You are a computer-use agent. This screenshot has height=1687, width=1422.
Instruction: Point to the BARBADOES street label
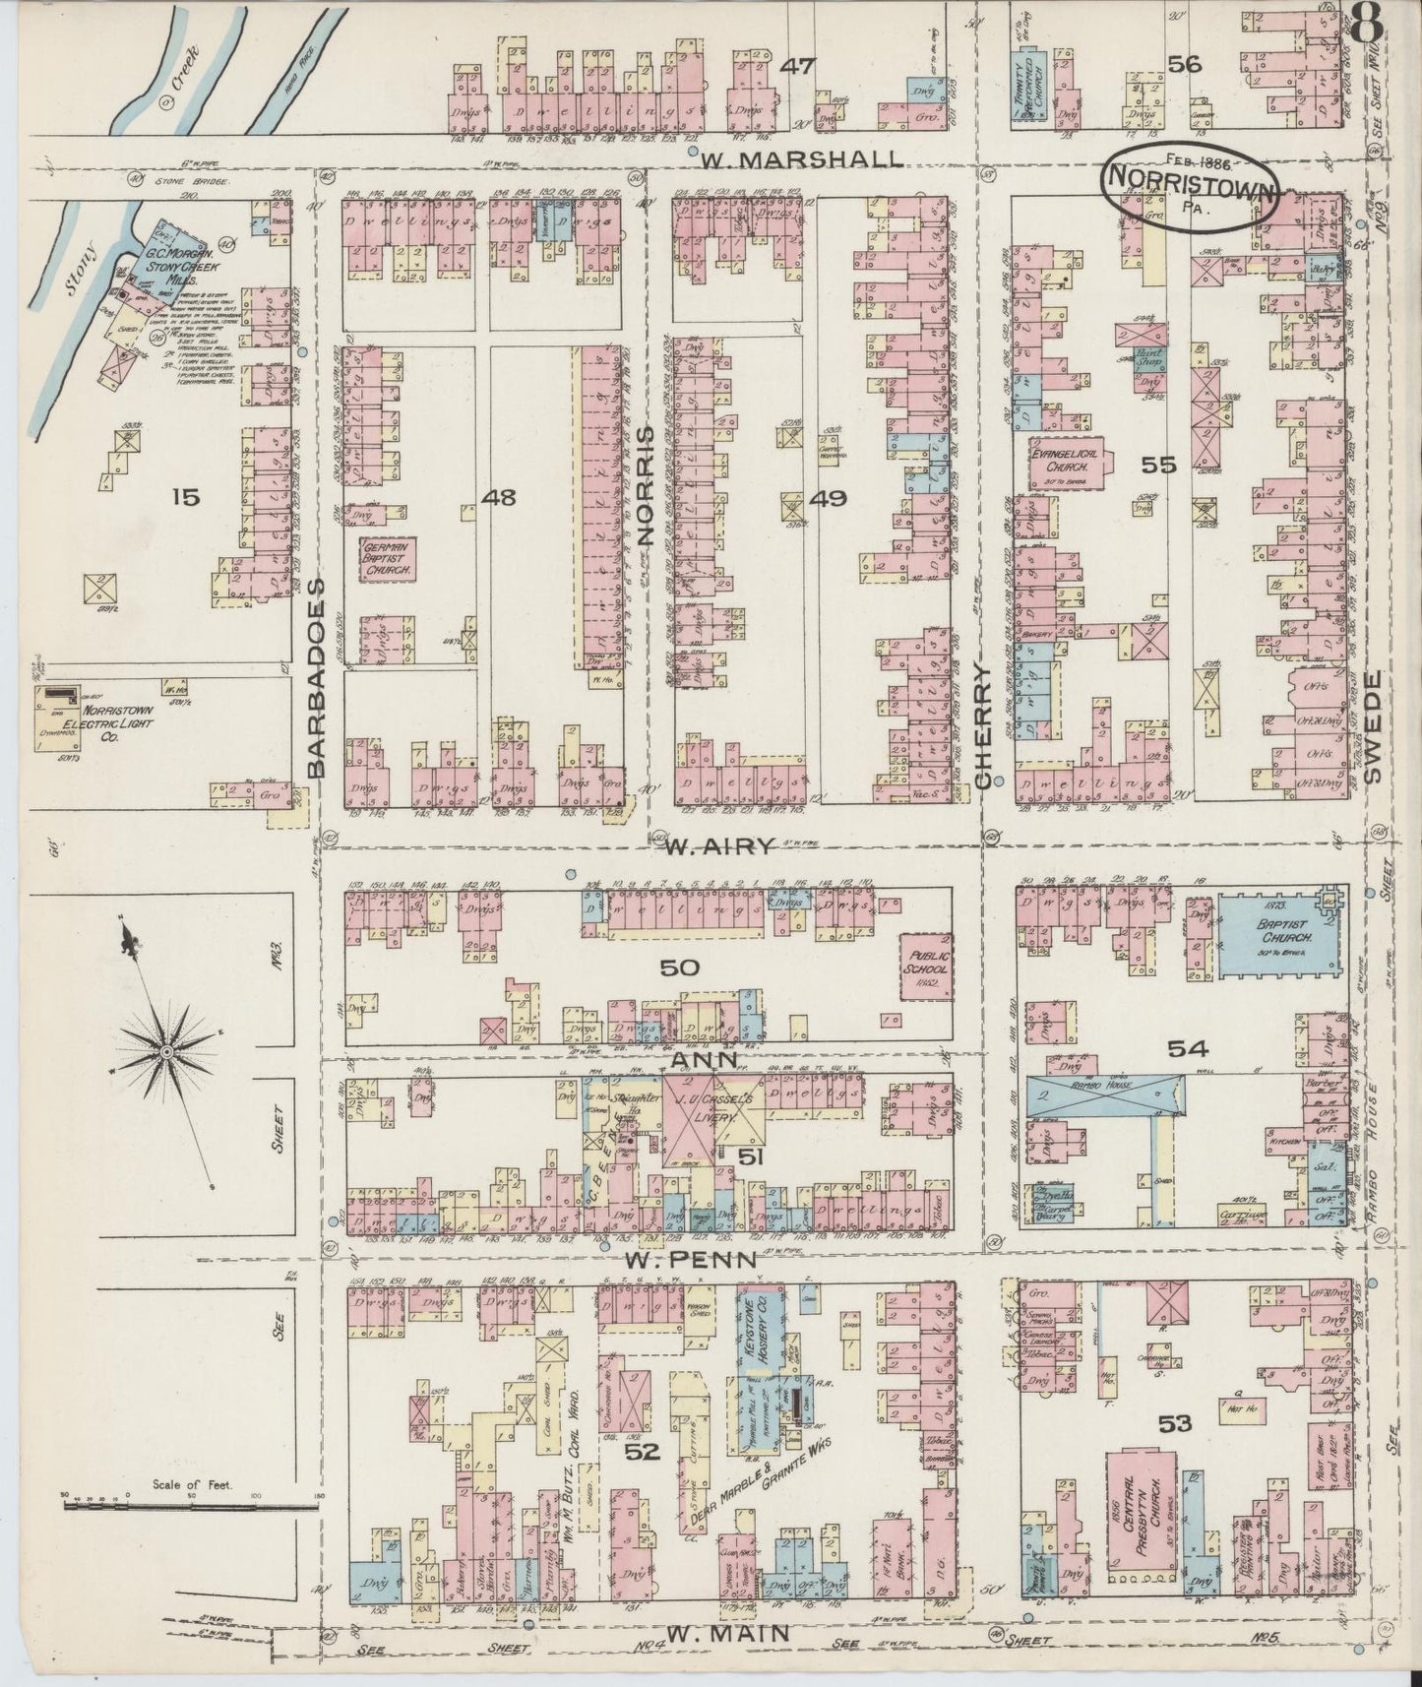(317, 678)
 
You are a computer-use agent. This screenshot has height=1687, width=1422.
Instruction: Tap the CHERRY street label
(981, 724)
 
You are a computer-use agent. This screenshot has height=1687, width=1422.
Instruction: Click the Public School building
(925, 959)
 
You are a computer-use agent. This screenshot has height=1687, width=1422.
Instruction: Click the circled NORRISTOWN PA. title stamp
(1191, 184)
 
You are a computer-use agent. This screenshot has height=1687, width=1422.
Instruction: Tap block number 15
(184, 498)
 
